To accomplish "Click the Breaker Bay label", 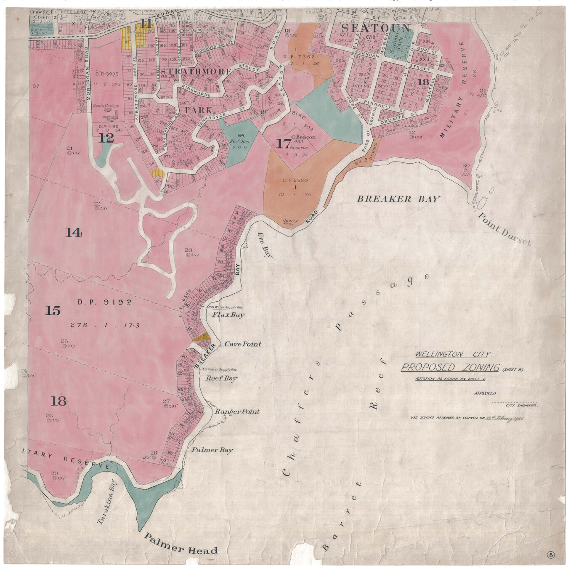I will tap(398, 199).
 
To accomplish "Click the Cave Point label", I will tap(242, 344).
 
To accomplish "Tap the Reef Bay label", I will tap(221, 378).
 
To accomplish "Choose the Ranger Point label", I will tap(237, 411).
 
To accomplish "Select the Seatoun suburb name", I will tap(375, 28).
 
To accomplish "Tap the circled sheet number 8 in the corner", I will tap(551, 554).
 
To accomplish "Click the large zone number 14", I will tap(74, 232).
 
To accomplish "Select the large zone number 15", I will tap(53, 311).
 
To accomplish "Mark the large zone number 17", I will tap(283, 144).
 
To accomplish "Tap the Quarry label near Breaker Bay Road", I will tap(291, 220).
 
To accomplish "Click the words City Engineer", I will tap(521, 405).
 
